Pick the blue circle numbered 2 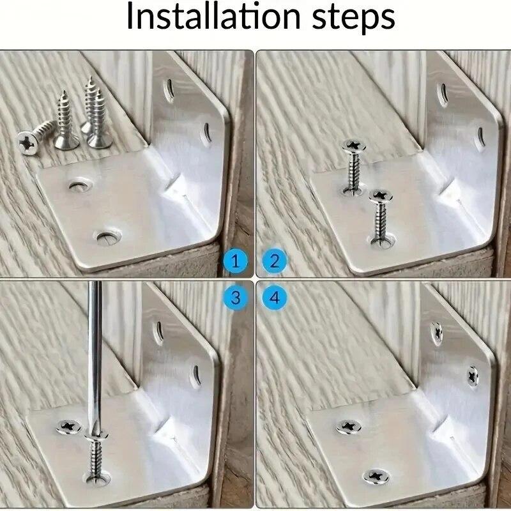click(x=275, y=261)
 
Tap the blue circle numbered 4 click(x=275, y=297)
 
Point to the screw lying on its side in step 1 click(x=34, y=133)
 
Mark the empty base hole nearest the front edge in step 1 click(x=106, y=238)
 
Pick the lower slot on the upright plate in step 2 click(x=480, y=136)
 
